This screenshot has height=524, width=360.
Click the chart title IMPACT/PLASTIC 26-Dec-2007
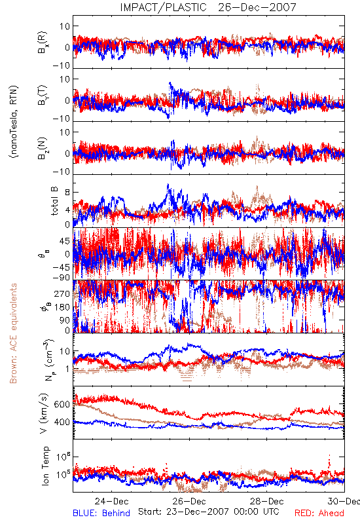208,7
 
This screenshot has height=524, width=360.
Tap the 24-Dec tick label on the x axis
111,501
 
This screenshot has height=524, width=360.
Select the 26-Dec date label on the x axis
189,501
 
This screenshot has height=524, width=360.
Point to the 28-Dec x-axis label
267,501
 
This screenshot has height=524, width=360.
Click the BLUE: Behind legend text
101,513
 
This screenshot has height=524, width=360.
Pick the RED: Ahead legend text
319,513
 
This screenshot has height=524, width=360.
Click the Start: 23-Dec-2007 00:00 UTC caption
208,512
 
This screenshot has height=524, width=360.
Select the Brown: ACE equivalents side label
13,333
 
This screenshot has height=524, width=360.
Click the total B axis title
54,201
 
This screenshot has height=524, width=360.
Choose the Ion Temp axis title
45,466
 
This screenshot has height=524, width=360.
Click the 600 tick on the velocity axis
62,404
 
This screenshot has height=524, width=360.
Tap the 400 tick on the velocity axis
62,422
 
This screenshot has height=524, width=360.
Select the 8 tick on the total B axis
67,193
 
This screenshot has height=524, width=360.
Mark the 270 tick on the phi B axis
62,293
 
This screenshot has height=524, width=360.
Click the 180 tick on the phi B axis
62,307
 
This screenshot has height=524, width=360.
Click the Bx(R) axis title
43,43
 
